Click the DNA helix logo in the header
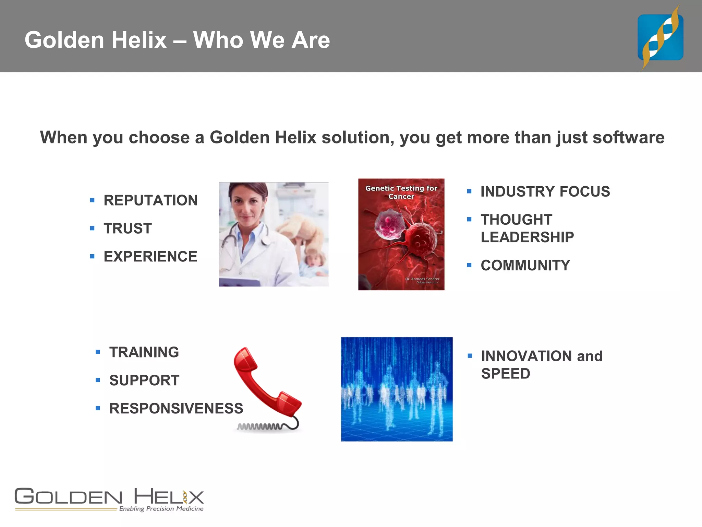click(x=660, y=37)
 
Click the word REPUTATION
click(x=150, y=200)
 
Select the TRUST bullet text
click(x=128, y=229)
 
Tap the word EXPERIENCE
click(x=150, y=257)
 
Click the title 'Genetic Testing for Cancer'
click(x=401, y=192)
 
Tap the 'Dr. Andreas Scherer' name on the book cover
click(x=422, y=279)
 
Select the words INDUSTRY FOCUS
click(x=545, y=191)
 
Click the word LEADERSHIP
click(x=527, y=237)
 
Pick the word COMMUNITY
click(x=525, y=266)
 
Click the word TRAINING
click(x=144, y=352)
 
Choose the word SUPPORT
click(x=144, y=380)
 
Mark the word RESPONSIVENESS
click(x=176, y=409)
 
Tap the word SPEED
click(x=506, y=374)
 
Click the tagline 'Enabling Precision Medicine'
click(x=161, y=508)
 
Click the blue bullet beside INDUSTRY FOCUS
click(x=469, y=191)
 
